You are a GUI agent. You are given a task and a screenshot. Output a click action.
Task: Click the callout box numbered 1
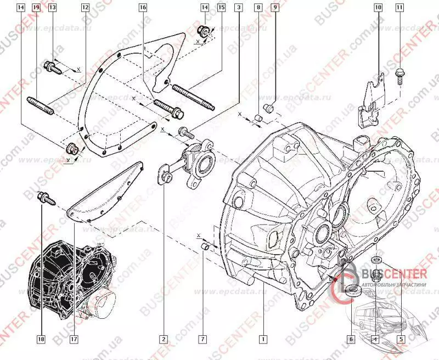pos(264,339)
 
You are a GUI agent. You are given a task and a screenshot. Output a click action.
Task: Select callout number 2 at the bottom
pos(163,339)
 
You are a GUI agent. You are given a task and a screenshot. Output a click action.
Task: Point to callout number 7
pos(202,339)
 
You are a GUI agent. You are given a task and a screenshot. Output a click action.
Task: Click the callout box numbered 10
pos(378,8)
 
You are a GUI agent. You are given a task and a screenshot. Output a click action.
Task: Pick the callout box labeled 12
pos(85,8)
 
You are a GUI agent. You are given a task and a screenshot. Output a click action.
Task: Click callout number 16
pos(143,8)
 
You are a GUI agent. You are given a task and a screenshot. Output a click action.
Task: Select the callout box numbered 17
pos(73,339)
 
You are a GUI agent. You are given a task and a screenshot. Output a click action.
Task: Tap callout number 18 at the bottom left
pos(41,339)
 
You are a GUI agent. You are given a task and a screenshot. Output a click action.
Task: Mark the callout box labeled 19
pos(36,8)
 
